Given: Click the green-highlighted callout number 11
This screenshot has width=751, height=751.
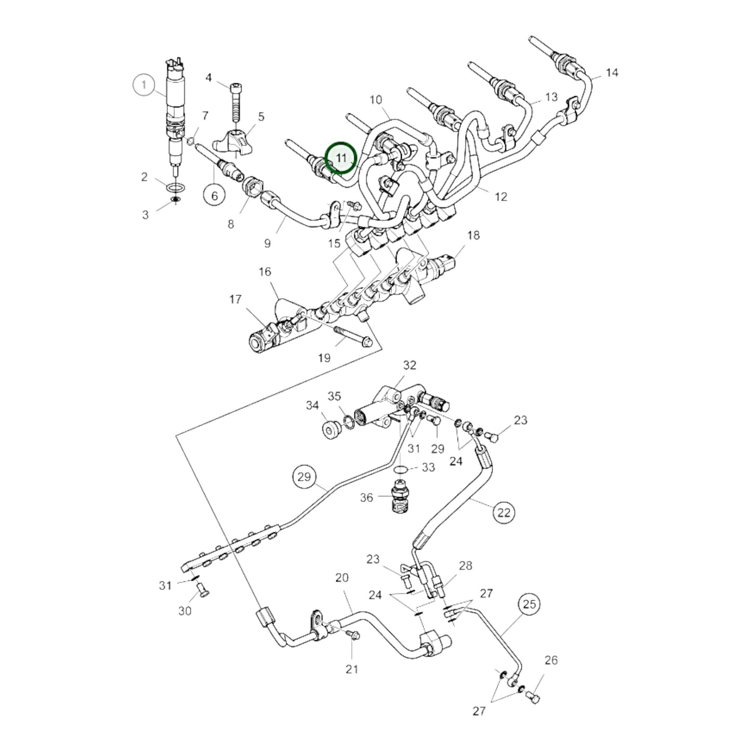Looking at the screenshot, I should (x=340, y=157).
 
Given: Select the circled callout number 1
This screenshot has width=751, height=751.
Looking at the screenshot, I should (x=145, y=85).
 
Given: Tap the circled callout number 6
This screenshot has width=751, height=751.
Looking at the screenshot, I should (x=214, y=195).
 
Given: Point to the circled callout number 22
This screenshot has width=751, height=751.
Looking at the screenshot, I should (x=504, y=512).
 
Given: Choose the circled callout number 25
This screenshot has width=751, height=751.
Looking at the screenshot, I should (x=529, y=604).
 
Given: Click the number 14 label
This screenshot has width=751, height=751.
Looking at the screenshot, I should (x=612, y=72).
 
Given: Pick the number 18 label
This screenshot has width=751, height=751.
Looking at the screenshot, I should (x=473, y=235).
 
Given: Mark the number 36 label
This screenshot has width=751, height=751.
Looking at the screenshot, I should (x=366, y=497).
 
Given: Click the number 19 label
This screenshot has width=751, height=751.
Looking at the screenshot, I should (x=324, y=358).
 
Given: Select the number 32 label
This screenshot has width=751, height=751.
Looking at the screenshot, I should (x=410, y=365).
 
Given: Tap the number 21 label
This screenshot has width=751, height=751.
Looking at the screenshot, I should (x=352, y=669).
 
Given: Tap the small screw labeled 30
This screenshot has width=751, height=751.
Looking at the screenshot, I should (x=202, y=590).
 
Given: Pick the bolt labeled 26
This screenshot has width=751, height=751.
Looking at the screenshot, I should (x=533, y=696).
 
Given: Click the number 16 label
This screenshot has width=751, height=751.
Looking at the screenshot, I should (x=265, y=271).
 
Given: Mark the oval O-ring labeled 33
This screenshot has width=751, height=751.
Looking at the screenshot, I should (x=400, y=469).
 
